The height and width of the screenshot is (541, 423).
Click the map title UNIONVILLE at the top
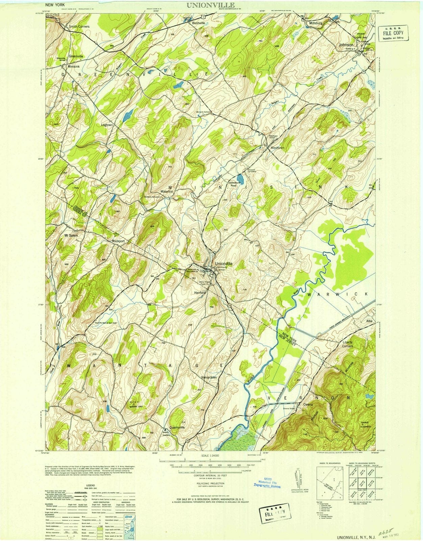pyautogui.click(x=209, y=5)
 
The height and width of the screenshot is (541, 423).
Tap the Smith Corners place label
pyautogui.click(x=79, y=26)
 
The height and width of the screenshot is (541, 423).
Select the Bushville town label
pyautogui.click(x=198, y=23)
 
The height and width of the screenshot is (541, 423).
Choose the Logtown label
pyautogui.click(x=107, y=125)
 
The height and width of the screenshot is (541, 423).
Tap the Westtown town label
pyautogui.click(x=277, y=148)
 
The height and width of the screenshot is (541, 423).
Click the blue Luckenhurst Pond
pyautogui.click(x=240, y=178)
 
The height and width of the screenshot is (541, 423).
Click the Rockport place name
pyautogui.click(x=118, y=241)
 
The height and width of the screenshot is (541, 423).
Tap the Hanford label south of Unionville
pyautogui.click(x=200, y=292)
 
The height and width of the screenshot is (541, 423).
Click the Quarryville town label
pyautogui.click(x=177, y=427)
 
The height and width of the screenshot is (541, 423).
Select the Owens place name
pyautogui.click(x=308, y=404)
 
